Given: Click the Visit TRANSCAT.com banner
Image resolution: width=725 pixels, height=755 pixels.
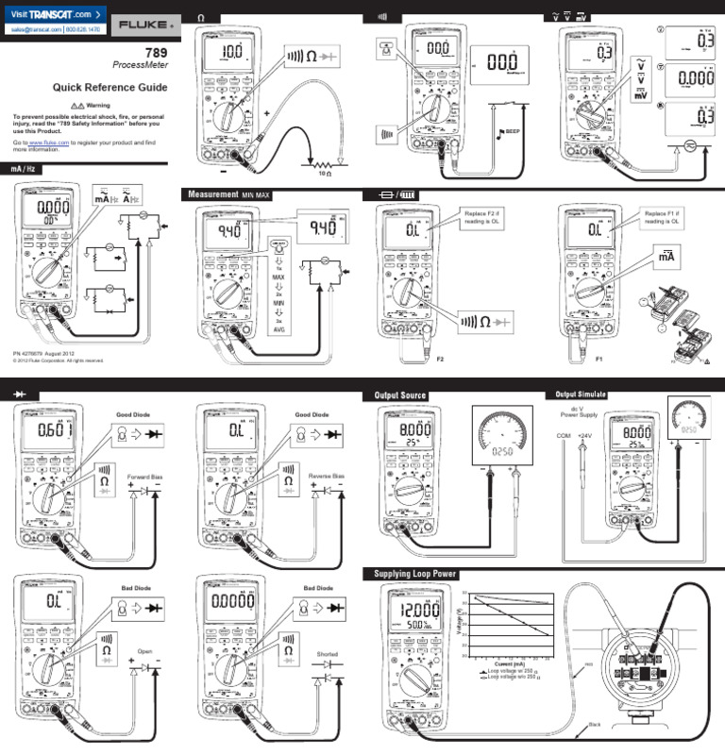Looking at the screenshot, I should coord(53,14).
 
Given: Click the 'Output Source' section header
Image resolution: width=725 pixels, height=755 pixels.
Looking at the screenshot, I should coord(400,394).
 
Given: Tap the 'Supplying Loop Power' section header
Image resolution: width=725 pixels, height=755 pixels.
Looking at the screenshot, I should coord(415,574).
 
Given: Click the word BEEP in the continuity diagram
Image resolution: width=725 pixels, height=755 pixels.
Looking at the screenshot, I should coord(514,131).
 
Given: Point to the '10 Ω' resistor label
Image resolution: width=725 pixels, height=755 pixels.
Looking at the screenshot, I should coord(325,174).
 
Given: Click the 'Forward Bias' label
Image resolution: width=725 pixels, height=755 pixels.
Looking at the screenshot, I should coord(145,476).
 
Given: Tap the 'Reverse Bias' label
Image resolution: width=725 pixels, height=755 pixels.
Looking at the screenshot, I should coord(327,476).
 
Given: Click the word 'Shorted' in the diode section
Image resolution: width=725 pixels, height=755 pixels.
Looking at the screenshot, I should coord(328,654).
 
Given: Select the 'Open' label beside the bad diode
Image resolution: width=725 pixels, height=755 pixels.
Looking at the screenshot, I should coord(145,651).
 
